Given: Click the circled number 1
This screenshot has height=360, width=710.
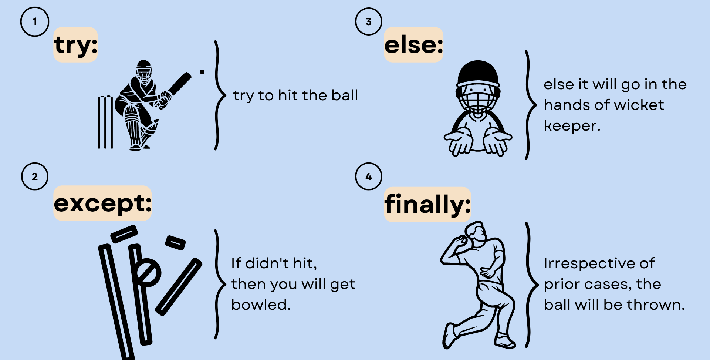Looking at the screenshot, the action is [x=35, y=22].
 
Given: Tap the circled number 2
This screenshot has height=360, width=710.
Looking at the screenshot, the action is [x=35, y=176].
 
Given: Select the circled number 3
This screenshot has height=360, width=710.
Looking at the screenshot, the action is [x=369, y=21].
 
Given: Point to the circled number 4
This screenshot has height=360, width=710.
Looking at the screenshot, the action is [x=369, y=176].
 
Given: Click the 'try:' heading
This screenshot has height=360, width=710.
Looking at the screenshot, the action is [x=75, y=45].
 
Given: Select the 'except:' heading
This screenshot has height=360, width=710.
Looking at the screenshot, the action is [x=102, y=203].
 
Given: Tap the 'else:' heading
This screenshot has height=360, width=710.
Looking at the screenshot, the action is [x=413, y=45].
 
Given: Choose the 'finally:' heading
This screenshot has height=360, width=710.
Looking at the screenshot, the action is [x=427, y=205].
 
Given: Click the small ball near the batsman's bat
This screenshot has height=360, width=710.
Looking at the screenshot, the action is [x=202, y=72].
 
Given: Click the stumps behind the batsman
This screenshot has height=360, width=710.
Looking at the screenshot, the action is [x=105, y=122].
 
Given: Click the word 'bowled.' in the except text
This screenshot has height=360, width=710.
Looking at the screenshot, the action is [x=261, y=305].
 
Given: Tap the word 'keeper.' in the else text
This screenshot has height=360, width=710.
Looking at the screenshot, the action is [x=572, y=126].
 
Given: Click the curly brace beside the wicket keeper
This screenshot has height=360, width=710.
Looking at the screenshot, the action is [x=530, y=105].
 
